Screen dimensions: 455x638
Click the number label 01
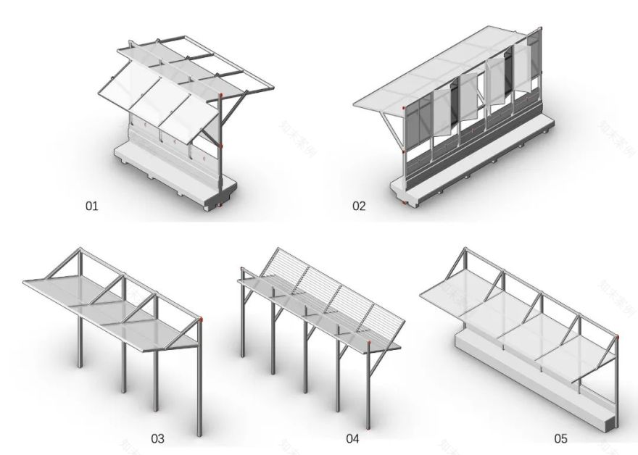(x=91, y=206)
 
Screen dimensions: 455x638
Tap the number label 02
(x=360, y=206)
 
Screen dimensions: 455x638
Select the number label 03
(x=157, y=438)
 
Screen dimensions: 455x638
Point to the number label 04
(x=352, y=438)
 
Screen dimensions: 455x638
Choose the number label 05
(x=560, y=438)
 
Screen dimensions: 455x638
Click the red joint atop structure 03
(x=202, y=319)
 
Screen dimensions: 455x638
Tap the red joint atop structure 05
(x=618, y=335)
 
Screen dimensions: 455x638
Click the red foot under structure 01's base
(x=215, y=209)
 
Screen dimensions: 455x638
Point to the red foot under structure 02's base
(x=404, y=201)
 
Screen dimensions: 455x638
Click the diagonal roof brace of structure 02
(x=389, y=130)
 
